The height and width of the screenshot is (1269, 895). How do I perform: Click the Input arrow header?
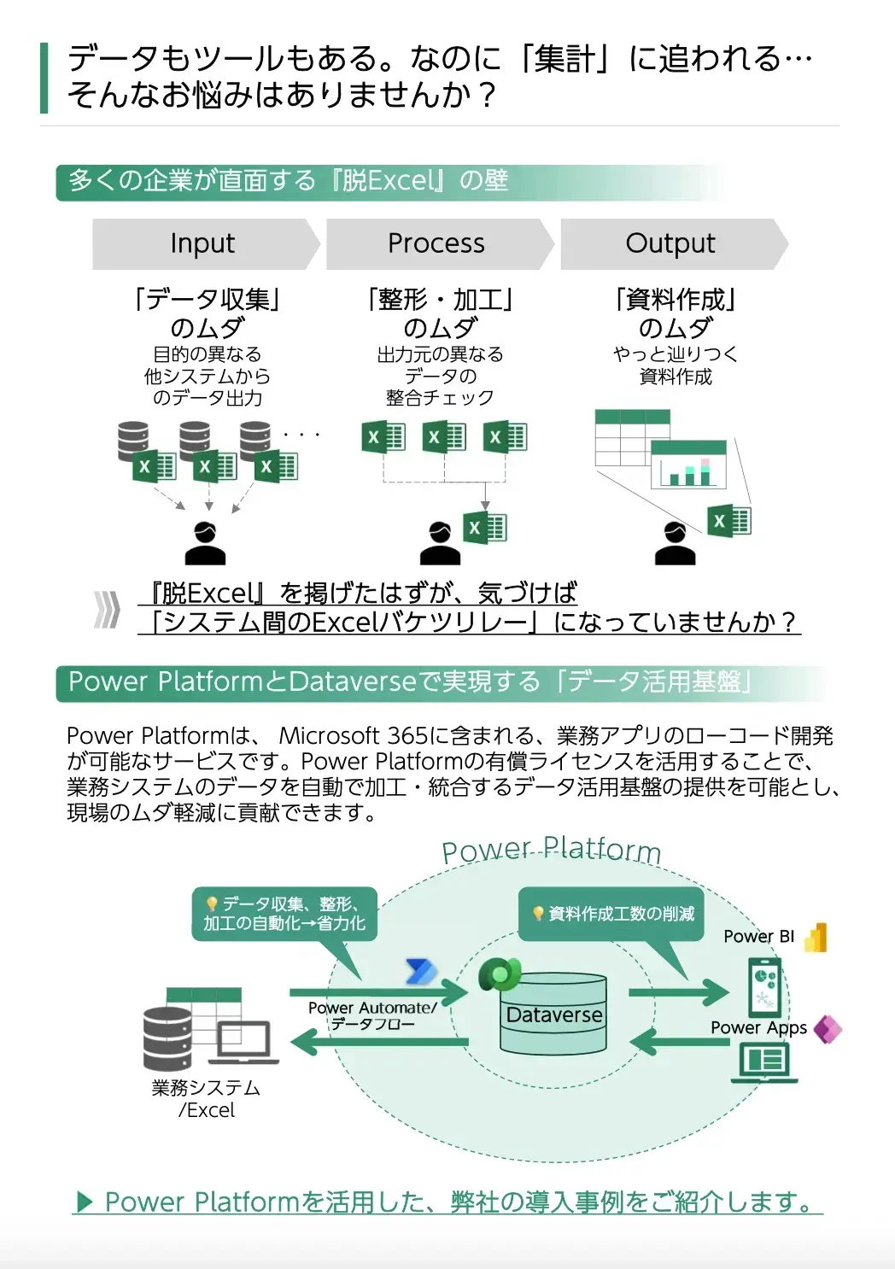tap(203, 244)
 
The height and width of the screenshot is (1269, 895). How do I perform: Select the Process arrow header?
tap(437, 244)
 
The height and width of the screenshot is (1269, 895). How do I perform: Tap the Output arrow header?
tap(671, 244)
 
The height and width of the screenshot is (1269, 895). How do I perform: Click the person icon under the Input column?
tap(205, 543)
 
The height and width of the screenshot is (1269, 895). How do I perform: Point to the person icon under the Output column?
tap(675, 543)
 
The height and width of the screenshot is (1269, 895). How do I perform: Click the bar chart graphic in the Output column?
tap(688, 465)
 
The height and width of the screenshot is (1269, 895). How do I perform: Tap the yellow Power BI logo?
tap(816, 937)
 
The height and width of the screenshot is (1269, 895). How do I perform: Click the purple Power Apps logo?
tap(827, 1029)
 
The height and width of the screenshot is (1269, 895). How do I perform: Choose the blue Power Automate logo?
tap(420, 972)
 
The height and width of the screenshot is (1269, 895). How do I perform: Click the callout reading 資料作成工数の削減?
tap(613, 914)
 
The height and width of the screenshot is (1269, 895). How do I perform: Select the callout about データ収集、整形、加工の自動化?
tap(284, 914)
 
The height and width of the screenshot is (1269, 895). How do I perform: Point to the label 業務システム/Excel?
tap(206, 1099)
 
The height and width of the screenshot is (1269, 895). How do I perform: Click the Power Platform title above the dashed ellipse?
tap(551, 850)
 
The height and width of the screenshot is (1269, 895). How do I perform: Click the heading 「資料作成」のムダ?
tap(675, 313)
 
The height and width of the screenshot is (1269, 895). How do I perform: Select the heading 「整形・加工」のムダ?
tap(440, 313)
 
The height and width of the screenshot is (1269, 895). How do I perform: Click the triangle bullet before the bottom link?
tap(85, 1202)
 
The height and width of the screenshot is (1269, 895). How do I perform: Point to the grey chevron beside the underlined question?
tap(107, 609)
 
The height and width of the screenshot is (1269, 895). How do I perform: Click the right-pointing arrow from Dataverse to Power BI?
tap(678, 992)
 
